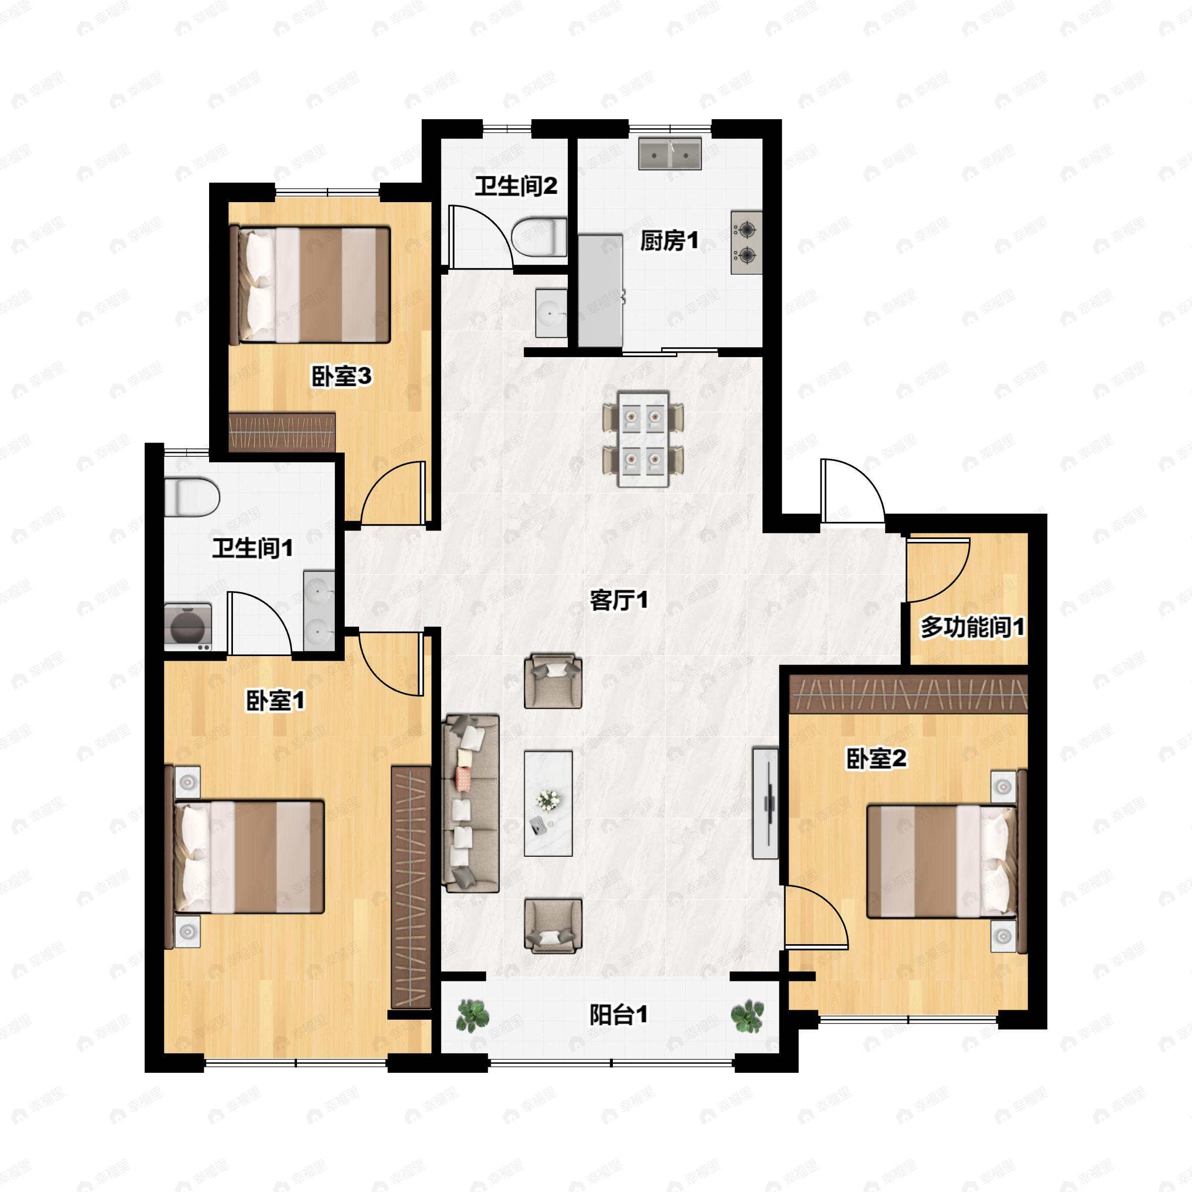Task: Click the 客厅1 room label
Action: coord(618,599)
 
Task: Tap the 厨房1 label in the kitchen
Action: coord(669,240)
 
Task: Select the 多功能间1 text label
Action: coord(972,627)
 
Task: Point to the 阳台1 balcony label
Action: coord(618,1014)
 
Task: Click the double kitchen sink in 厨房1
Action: coord(670,153)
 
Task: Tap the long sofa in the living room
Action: coord(471,803)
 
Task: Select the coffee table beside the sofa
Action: coord(548,803)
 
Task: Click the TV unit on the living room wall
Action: coord(766,803)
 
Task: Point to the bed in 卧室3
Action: coord(310,285)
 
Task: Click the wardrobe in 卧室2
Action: coord(909,693)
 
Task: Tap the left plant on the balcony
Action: coord(473,1015)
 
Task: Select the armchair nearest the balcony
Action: coord(553,925)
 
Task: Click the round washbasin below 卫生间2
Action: coord(550,313)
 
